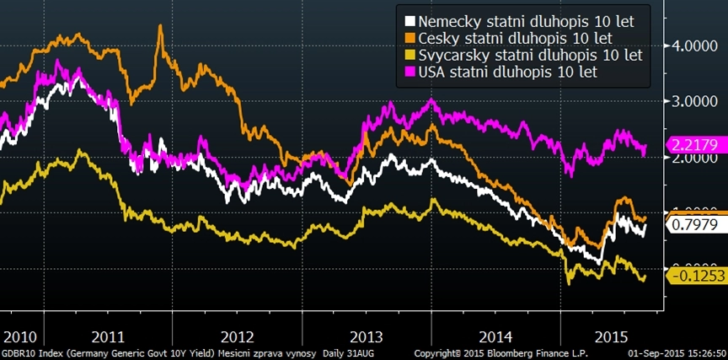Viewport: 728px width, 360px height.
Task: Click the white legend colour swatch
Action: [x=409, y=21]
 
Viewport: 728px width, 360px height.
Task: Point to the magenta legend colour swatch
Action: [x=409, y=72]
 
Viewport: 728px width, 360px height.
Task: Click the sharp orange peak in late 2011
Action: [x=160, y=27]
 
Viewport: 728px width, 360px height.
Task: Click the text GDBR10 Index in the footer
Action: [x=31, y=353]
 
